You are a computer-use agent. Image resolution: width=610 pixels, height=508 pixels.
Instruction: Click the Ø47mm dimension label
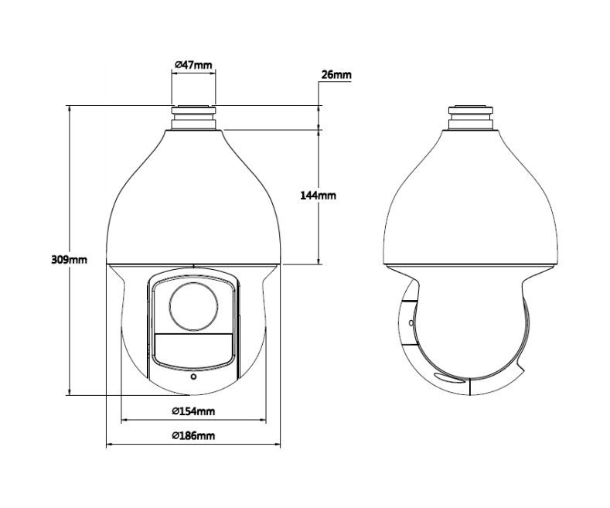[193, 65]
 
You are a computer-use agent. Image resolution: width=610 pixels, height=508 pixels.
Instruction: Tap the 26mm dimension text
[336, 74]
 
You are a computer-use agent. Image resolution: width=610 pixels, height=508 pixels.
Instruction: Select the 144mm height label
[318, 196]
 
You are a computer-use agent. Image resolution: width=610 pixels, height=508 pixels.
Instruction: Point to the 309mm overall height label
[70, 260]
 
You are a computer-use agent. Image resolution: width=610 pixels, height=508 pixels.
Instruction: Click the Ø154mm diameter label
[193, 411]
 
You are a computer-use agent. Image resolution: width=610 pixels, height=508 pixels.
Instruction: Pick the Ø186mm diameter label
[193, 435]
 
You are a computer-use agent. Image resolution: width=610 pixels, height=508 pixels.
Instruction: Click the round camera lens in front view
[193, 306]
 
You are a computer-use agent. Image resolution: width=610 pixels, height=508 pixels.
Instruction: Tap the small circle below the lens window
[193, 377]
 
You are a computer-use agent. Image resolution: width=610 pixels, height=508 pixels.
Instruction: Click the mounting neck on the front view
[193, 117]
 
